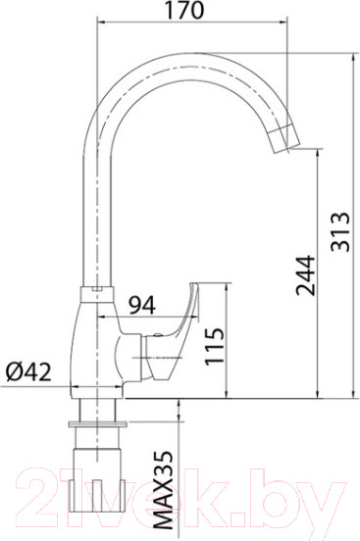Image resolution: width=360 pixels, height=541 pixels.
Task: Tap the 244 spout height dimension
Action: [x=305, y=278]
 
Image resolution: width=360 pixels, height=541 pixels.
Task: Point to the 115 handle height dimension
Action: [x=215, y=347]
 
